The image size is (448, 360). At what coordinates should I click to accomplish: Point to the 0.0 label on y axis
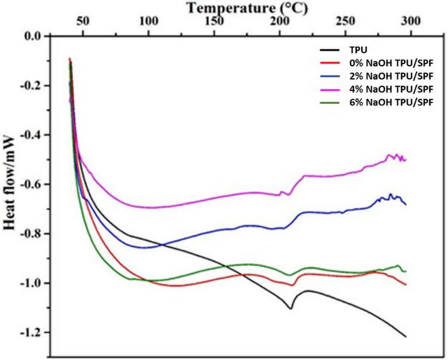(x=32, y=36)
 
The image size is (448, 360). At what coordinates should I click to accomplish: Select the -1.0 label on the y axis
(x=30, y=283)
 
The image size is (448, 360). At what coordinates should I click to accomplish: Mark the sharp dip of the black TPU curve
(x=291, y=308)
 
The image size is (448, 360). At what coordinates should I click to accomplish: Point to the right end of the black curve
(x=406, y=336)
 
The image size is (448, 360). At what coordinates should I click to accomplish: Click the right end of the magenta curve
(x=406, y=160)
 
